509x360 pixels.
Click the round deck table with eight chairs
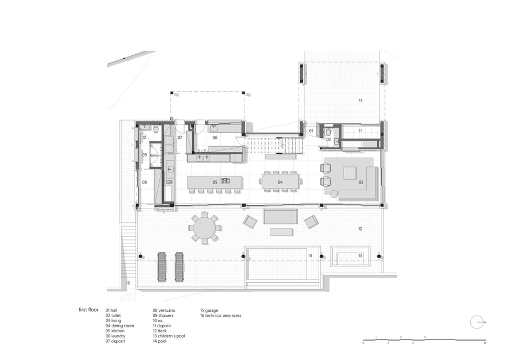[205, 228]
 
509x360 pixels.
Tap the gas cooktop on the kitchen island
[225, 180]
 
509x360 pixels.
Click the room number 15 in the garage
[360, 101]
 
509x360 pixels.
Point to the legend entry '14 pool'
[160, 341]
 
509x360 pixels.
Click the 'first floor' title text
[89, 310]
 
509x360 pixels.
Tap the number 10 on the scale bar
[485, 343]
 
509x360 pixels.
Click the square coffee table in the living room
[350, 173]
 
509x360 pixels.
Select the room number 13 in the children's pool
[360, 255]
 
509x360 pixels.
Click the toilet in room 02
[328, 132]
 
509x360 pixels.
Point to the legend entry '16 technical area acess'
[221, 315]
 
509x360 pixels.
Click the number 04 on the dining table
[280, 182]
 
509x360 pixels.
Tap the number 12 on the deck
[360, 228]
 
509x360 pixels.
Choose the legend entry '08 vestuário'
[164, 310]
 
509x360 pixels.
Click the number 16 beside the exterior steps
[128, 283]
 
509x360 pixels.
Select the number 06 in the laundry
[215, 138]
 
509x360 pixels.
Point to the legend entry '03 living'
[113, 320]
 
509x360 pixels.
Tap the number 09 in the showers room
[144, 155]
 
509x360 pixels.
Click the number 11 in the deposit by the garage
[360, 131]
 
